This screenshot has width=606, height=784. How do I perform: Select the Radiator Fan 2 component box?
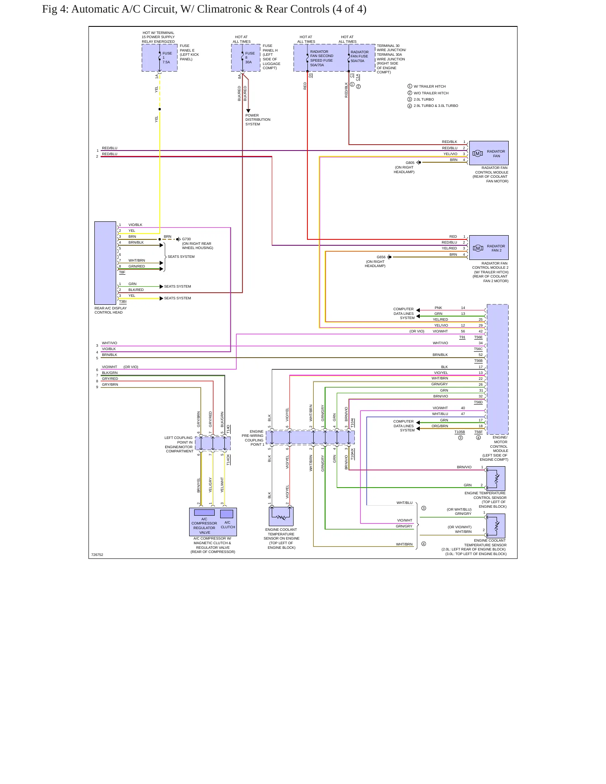(489, 247)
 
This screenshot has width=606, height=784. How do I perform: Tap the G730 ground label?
(186, 239)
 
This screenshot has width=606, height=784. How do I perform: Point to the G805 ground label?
(410, 163)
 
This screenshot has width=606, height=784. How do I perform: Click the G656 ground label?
(381, 257)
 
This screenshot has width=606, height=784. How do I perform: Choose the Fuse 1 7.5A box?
(159, 58)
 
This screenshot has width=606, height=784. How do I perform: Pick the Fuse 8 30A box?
(246, 58)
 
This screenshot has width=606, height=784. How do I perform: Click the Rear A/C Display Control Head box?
(105, 263)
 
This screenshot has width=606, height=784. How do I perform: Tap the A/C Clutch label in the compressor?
(228, 524)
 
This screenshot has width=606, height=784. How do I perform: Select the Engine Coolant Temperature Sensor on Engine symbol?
(281, 517)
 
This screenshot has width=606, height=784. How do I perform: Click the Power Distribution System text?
(258, 119)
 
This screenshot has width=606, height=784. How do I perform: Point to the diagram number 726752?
(97, 555)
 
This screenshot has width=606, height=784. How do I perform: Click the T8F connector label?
(122, 272)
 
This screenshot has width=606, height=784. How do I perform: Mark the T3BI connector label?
(122, 301)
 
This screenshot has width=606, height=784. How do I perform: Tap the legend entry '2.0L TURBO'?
(424, 99)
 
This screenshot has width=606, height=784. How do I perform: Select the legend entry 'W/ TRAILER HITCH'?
(429, 86)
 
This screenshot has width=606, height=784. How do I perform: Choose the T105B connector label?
(460, 432)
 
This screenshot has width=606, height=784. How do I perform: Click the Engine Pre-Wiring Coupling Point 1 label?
(253, 438)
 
